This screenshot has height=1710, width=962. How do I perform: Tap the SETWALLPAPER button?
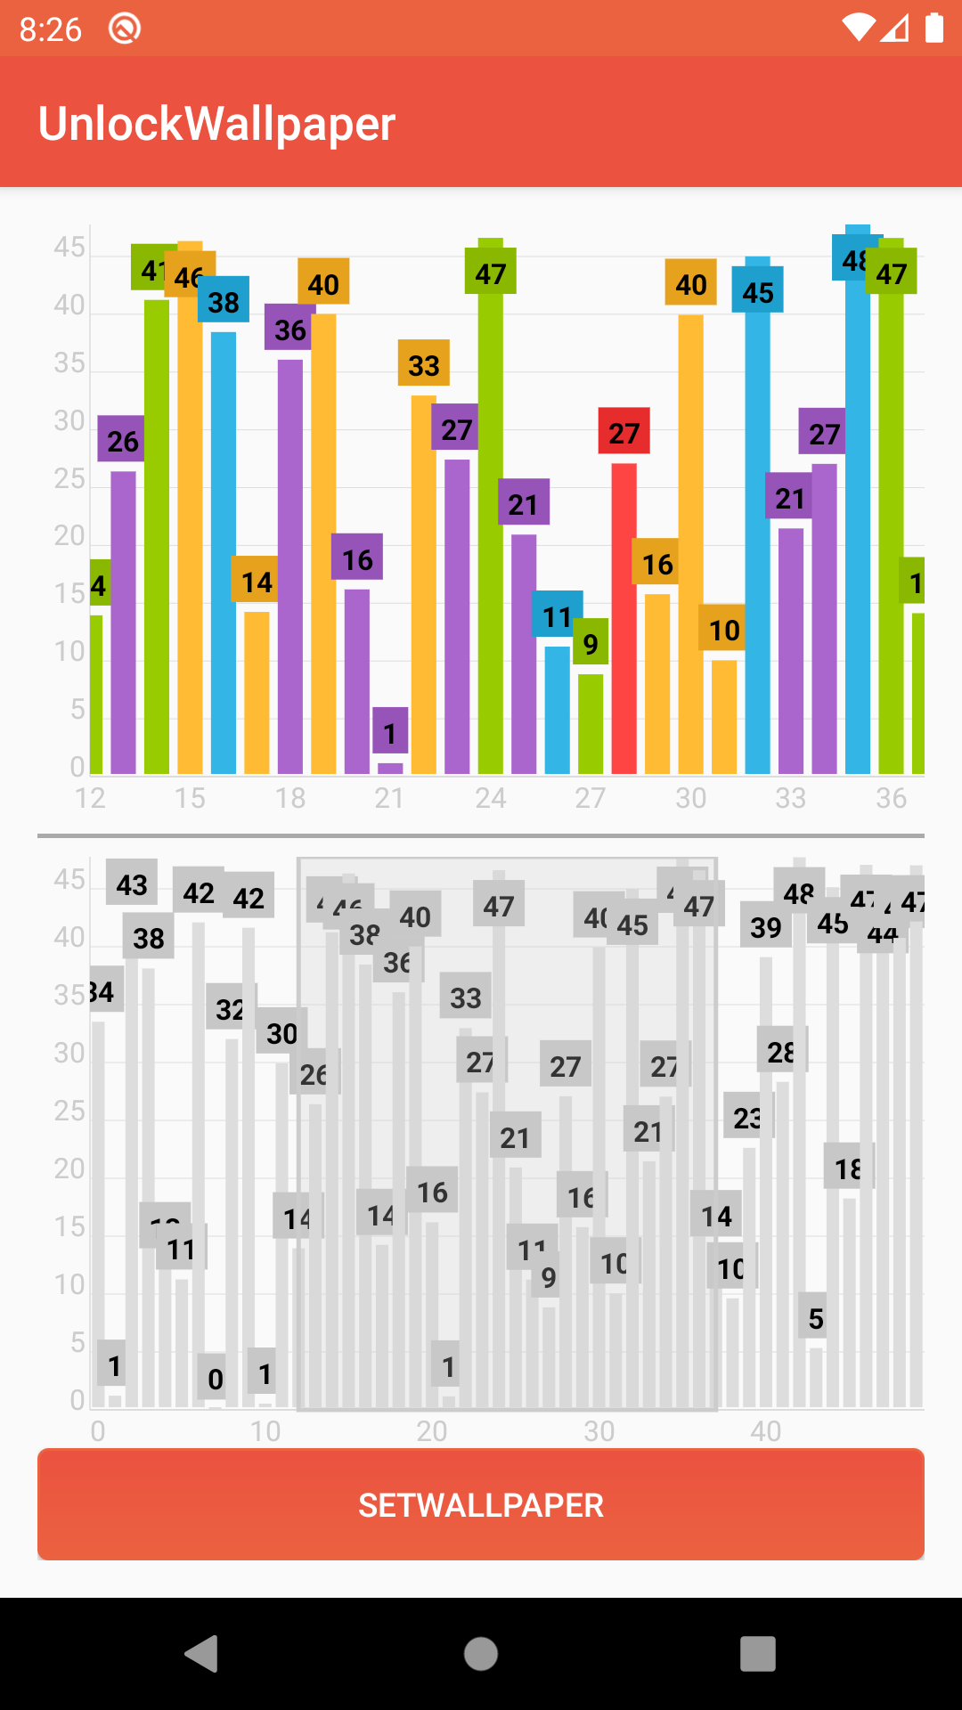pos(481,1504)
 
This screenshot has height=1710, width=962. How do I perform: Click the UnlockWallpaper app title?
pos(216,124)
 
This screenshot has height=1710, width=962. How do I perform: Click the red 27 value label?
pos(624,432)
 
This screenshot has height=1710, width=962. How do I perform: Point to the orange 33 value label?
pos(424,363)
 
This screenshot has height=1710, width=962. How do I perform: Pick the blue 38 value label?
pos(224,301)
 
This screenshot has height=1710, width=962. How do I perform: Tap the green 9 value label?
pos(591,642)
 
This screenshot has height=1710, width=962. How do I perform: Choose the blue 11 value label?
pos(557,615)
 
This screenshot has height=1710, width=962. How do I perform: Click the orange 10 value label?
pos(723,629)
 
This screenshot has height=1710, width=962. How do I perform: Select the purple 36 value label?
pos(290,329)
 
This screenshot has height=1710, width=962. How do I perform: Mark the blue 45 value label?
pos(758,290)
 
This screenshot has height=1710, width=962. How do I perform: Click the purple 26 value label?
pos(122,440)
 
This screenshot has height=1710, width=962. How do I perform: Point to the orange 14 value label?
pos(257,581)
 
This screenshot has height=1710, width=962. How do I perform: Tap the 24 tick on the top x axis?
pos(490,798)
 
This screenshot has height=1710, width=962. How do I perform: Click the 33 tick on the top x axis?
pos(790,798)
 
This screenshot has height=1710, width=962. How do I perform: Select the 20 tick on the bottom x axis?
pos(432,1431)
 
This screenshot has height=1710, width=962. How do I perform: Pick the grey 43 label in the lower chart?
pos(132,883)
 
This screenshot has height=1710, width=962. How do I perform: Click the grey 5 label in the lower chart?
pos(815,1317)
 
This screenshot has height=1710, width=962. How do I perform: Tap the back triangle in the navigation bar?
pos(202,1654)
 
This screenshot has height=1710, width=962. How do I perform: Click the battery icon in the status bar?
pos(933,28)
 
